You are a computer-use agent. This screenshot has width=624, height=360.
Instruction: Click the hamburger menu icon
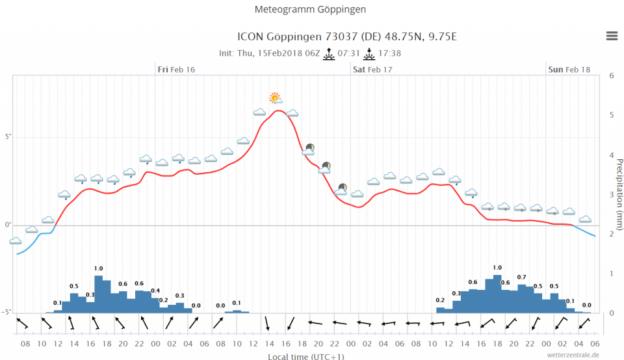click(612, 36)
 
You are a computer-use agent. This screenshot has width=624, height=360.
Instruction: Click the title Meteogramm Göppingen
click(311, 10)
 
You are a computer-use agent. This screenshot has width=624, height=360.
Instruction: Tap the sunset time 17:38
click(389, 53)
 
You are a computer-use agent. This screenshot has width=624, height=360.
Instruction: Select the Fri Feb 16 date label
click(176, 70)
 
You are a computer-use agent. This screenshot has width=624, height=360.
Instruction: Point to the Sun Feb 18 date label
click(569, 70)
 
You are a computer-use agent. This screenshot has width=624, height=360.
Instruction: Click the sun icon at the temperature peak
click(276, 98)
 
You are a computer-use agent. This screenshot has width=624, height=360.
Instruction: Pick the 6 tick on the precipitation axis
click(611, 75)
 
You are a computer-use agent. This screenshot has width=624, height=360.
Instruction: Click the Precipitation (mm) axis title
click(619, 194)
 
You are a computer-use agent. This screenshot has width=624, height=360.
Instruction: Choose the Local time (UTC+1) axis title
click(306, 356)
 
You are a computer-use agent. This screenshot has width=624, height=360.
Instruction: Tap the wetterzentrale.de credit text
click(573, 355)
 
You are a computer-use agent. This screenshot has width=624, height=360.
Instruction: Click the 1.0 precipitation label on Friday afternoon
click(98, 268)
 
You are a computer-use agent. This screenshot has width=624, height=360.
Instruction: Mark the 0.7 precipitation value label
click(521, 277)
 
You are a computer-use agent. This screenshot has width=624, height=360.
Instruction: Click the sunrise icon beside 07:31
click(329, 54)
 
